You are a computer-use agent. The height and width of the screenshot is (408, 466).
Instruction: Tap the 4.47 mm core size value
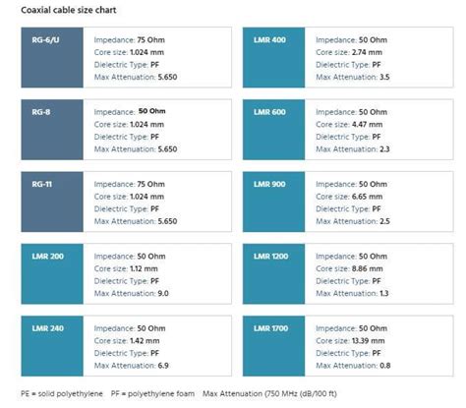pyautogui.click(x=366, y=125)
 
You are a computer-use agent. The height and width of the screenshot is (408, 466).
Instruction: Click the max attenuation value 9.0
pyautogui.click(x=163, y=293)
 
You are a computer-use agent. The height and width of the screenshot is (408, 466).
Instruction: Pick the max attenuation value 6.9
pyautogui.click(x=163, y=365)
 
